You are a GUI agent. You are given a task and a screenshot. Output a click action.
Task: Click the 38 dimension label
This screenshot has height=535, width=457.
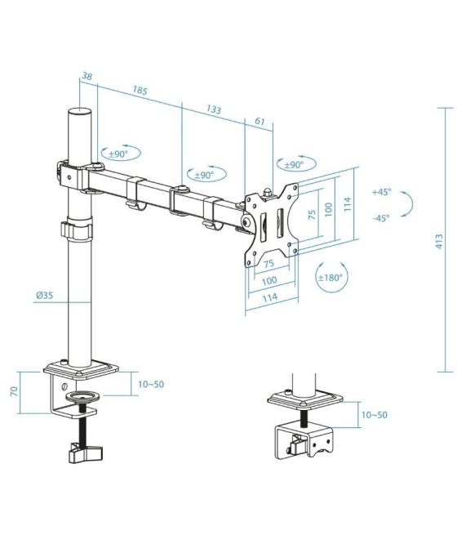click(x=87, y=77)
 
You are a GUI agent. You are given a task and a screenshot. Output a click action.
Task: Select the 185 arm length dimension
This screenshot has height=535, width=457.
click(x=140, y=91)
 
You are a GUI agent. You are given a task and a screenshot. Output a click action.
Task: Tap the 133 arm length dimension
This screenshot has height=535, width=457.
click(x=214, y=109)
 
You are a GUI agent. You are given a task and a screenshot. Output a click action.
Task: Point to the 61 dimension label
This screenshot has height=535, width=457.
click(x=260, y=122)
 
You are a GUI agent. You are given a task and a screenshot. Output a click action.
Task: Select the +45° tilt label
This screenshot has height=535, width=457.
click(x=381, y=192)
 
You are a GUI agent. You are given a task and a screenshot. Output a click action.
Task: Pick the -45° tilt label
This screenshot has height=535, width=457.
click(x=381, y=217)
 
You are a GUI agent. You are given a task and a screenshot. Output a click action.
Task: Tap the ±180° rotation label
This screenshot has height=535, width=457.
click(x=331, y=278)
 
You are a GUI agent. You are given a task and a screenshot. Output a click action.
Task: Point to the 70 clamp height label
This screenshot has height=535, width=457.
click(x=13, y=392)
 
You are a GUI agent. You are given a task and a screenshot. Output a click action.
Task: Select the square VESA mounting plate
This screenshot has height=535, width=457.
click(x=272, y=224)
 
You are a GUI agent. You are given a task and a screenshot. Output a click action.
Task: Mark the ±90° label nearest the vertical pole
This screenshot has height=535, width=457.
click(x=120, y=154)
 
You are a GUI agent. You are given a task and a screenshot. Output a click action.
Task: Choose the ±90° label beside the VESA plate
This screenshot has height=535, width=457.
click(x=294, y=165)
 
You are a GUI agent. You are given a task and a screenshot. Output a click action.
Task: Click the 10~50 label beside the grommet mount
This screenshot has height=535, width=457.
click(x=374, y=415)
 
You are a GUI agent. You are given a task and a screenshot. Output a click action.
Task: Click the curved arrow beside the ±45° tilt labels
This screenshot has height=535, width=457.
click(x=414, y=204)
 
